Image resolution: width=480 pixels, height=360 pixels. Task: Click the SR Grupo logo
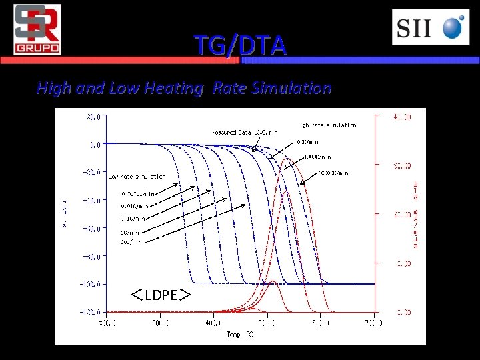37,29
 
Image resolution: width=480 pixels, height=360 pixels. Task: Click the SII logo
430,28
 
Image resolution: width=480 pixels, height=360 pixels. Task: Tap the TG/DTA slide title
241,46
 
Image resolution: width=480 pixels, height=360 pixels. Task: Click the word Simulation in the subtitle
290,88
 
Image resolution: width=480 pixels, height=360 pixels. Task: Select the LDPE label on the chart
161,295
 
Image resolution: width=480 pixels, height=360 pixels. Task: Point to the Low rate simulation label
137,177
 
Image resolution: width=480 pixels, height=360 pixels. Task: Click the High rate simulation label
327,125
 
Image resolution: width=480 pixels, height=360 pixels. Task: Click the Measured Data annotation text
245,133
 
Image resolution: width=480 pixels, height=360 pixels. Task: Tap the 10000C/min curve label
333,173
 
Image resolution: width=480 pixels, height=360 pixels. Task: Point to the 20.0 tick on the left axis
93,116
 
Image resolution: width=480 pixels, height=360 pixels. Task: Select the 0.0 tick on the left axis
95,144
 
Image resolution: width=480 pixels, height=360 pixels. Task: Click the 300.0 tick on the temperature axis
161,323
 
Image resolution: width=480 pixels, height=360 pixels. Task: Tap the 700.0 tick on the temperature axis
374,323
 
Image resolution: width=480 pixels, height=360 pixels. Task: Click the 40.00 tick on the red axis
401,117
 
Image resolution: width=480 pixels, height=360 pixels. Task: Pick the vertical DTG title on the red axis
416,189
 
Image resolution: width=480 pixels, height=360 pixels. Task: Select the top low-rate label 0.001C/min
138,194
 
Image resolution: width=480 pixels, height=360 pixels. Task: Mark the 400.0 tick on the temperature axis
214,323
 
